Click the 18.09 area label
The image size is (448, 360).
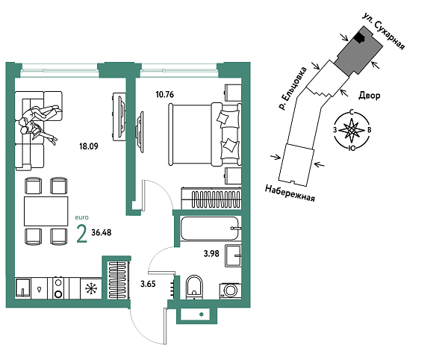[87, 147]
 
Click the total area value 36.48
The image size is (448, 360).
[102, 233]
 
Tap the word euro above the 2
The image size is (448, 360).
[81, 217]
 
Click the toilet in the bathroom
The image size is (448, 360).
[194, 285]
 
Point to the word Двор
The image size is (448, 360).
[370, 96]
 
